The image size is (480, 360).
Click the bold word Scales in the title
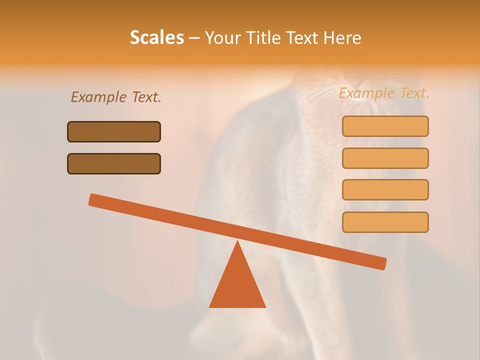coord(157,38)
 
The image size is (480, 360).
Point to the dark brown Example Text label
coord(116,97)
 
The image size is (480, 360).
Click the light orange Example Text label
coord(384,93)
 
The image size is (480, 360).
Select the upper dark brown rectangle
coord(114,131)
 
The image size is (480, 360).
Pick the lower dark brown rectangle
coord(114,163)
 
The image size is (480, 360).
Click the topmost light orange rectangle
coord(385,126)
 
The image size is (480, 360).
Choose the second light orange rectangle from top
coord(385,158)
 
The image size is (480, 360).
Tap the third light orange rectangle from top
coord(385,189)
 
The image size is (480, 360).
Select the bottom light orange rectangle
coord(385,222)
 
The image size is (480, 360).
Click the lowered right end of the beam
coord(382,263)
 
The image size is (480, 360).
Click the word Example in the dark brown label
coord(99,97)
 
